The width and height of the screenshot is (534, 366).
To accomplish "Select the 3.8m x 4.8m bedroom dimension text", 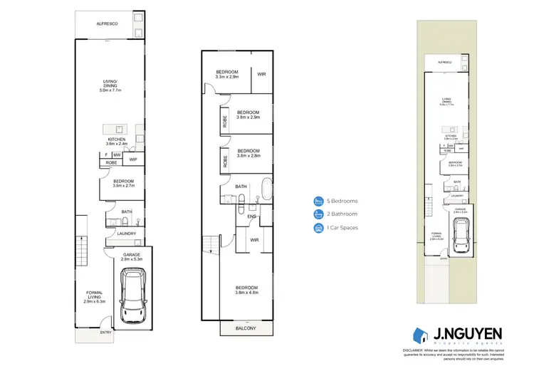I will pyautogui.click(x=246, y=293).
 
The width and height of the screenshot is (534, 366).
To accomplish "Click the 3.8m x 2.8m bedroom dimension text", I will pyautogui.click(x=248, y=156).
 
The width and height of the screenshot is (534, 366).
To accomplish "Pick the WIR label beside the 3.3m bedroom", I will pyautogui.click(x=261, y=73).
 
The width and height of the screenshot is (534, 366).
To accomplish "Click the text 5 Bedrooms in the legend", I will pyautogui.click(x=343, y=201).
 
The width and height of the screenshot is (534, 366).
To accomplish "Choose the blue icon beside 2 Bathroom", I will pyautogui.click(x=318, y=214).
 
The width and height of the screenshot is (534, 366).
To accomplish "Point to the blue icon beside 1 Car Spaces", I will pyautogui.click(x=318, y=228).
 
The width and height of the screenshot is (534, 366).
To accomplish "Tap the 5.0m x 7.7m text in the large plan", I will pyautogui.click(x=110, y=91).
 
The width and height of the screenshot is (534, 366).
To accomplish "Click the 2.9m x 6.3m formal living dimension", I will pyautogui.click(x=94, y=302).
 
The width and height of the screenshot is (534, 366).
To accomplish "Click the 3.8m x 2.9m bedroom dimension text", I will pyautogui.click(x=248, y=117).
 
